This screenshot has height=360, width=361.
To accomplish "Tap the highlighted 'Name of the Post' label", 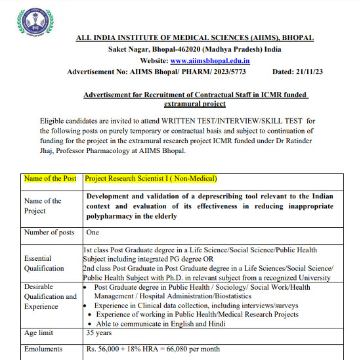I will tap(50, 179).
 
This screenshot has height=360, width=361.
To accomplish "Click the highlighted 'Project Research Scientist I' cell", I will tap(151, 179).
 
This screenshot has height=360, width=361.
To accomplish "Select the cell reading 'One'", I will tap(93, 233).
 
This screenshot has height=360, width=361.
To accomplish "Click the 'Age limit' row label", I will tap(40, 333).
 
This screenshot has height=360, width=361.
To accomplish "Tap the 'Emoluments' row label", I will tap(43, 349).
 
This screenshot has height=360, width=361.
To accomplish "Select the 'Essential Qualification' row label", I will tap(43, 263).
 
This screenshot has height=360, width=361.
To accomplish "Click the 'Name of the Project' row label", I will tap(43, 206).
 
